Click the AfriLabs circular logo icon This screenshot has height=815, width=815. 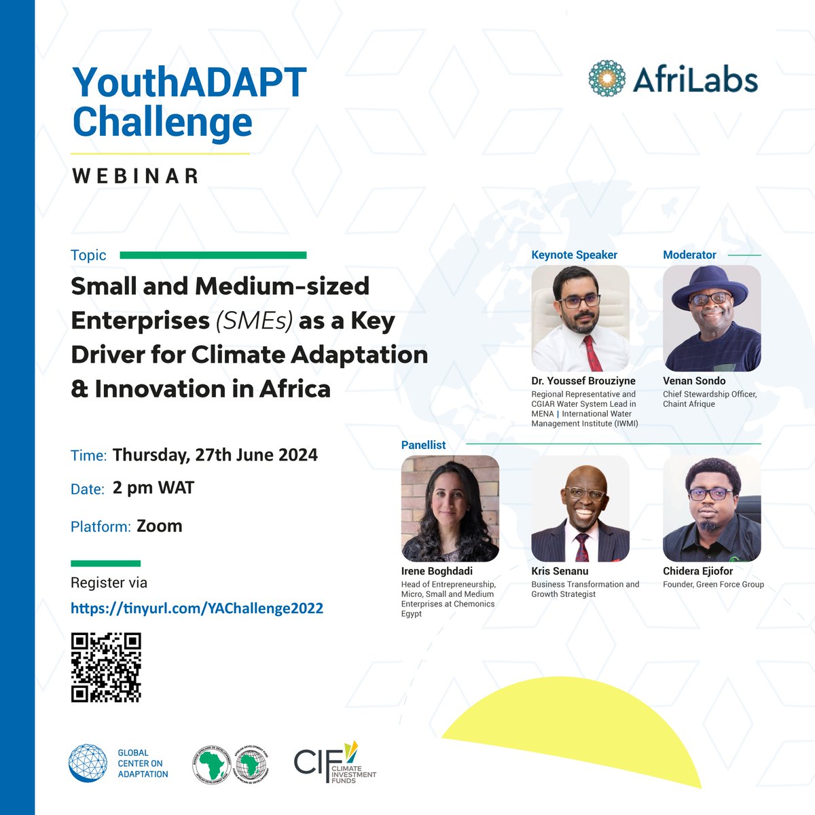606,79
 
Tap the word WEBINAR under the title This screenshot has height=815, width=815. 136,176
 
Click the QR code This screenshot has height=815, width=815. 106,667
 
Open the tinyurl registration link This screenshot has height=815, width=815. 197,608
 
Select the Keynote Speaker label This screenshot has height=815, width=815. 574,255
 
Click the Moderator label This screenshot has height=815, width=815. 689,255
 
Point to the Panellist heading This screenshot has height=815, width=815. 423,445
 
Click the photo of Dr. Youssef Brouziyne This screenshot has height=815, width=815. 580,318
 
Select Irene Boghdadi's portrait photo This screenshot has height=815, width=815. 450,508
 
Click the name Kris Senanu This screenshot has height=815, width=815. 560,571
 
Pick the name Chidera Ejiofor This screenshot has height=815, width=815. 698,571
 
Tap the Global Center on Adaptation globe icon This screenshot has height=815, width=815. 88,763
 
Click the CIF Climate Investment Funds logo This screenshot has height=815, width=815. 334,762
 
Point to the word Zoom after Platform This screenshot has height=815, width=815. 160,526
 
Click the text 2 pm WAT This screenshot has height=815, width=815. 153,488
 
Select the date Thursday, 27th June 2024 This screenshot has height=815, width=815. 215,454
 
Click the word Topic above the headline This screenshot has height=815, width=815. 88,255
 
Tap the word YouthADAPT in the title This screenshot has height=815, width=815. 189,83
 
